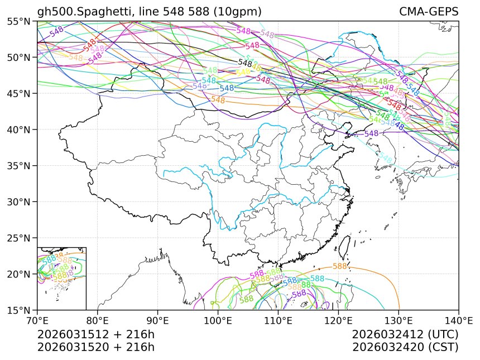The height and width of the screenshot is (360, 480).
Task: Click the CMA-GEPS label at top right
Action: point(429,12)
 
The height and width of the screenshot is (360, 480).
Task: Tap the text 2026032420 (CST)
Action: point(405,347)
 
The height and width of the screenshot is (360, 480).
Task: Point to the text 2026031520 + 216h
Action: point(96,347)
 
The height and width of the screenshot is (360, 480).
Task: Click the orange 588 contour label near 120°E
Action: point(340,266)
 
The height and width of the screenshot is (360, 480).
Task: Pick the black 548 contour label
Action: point(245,63)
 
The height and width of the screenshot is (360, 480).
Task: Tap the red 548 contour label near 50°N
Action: point(89,44)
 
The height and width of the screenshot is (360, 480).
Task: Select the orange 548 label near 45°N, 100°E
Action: point(218,100)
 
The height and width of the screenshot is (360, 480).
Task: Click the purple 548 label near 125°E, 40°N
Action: point(371,134)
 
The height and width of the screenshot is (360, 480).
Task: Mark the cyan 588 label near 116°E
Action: point(317,279)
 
